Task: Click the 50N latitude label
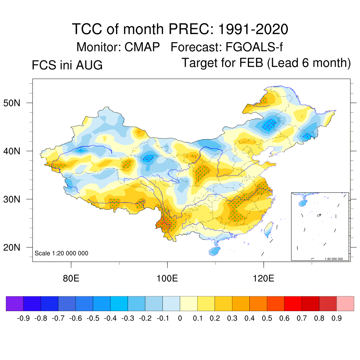12,103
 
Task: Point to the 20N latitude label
12,247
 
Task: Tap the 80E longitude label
71,278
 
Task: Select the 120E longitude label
264,278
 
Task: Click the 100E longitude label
167,278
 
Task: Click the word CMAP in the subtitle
142,47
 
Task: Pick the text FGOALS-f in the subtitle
254,47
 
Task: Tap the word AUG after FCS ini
89,65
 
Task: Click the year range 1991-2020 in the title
253,29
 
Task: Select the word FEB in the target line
251,63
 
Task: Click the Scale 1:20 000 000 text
61,253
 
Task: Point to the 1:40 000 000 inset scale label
334,259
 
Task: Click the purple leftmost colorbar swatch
15,303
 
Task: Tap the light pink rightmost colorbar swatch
345,303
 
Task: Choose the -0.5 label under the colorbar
93,318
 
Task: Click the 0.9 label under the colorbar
336,318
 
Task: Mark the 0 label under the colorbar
180,318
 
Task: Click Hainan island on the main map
214,251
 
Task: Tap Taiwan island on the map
268,229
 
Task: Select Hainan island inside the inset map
303,203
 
